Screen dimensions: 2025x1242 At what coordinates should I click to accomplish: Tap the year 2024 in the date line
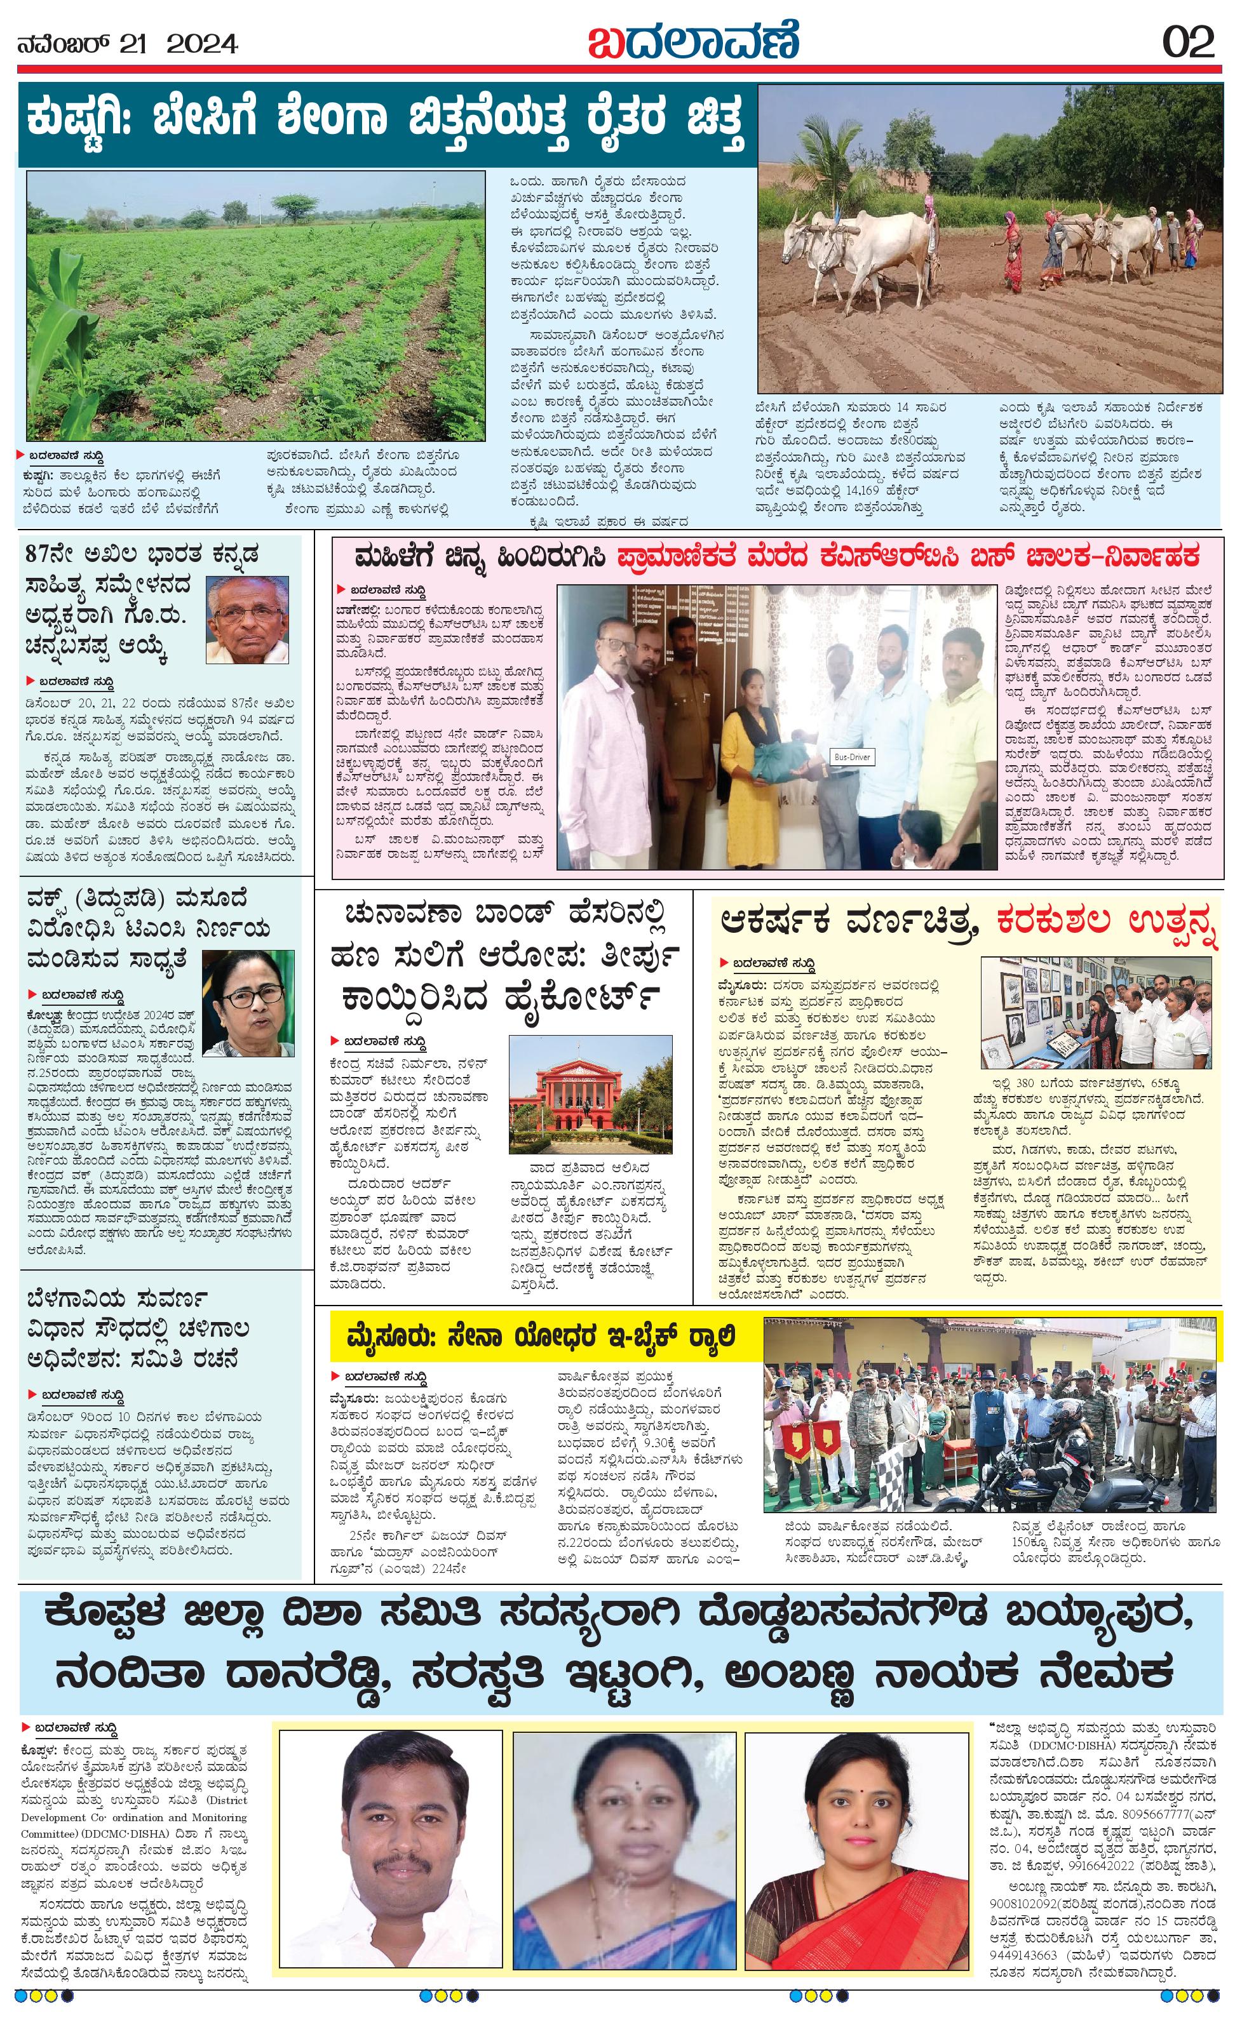pyautogui.click(x=202, y=43)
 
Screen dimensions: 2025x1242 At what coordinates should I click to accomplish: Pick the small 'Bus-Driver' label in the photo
pyautogui.click(x=850, y=757)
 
